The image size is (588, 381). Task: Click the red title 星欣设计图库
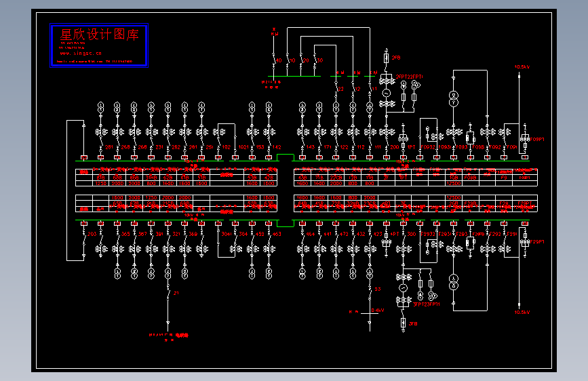(x=99, y=35)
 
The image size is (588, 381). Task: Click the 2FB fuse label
(x=395, y=58)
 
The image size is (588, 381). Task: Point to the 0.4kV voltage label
(x=377, y=310)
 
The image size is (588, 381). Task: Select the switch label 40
(x=278, y=61)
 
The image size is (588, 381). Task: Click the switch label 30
(x=320, y=61)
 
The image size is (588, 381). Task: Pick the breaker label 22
(x=341, y=89)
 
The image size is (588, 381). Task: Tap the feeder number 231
(x=159, y=146)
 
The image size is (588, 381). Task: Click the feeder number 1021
(x=243, y=146)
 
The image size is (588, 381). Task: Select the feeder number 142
(x=277, y=146)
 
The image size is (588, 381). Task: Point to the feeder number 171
(x=328, y=146)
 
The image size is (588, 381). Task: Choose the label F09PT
(x=536, y=139)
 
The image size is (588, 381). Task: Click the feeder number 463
(x=277, y=234)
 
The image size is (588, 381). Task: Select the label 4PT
(x=395, y=234)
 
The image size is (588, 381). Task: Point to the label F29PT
(x=536, y=241)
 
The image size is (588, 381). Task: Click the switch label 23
(x=378, y=289)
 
